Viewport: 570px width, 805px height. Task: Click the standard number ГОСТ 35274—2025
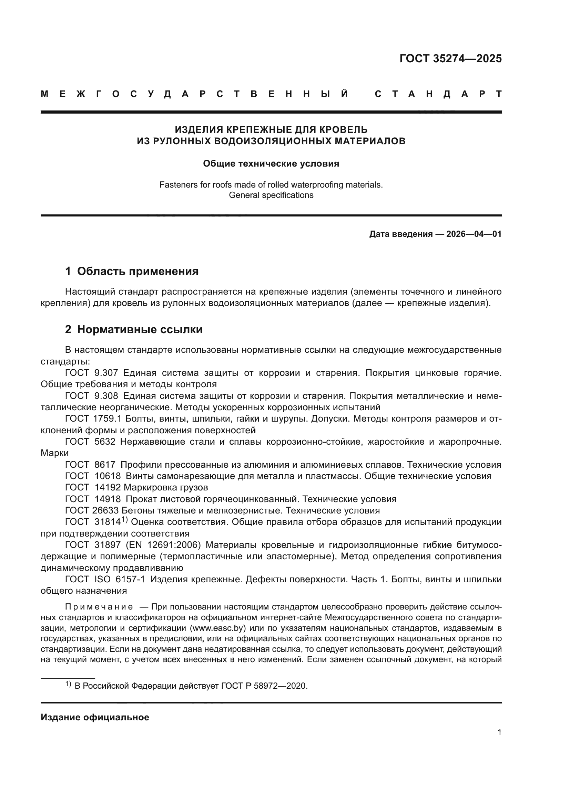click(450, 59)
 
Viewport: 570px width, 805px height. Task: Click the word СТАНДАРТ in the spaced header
click(438, 94)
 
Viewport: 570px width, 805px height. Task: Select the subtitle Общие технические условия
click(271, 164)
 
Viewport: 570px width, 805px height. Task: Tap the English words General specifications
click(271, 195)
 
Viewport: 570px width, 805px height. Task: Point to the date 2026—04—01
click(474, 234)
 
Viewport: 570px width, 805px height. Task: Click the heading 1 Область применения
click(132, 271)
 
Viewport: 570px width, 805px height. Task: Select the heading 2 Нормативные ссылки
click(134, 330)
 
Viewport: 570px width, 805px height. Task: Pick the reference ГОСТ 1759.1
click(93, 419)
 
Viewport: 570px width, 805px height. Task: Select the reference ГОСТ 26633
click(92, 510)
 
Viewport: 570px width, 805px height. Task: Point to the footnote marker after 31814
click(124, 520)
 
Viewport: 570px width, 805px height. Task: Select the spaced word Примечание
click(99, 607)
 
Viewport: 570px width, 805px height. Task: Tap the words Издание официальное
click(95, 717)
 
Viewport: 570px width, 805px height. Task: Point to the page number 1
click(499, 732)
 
